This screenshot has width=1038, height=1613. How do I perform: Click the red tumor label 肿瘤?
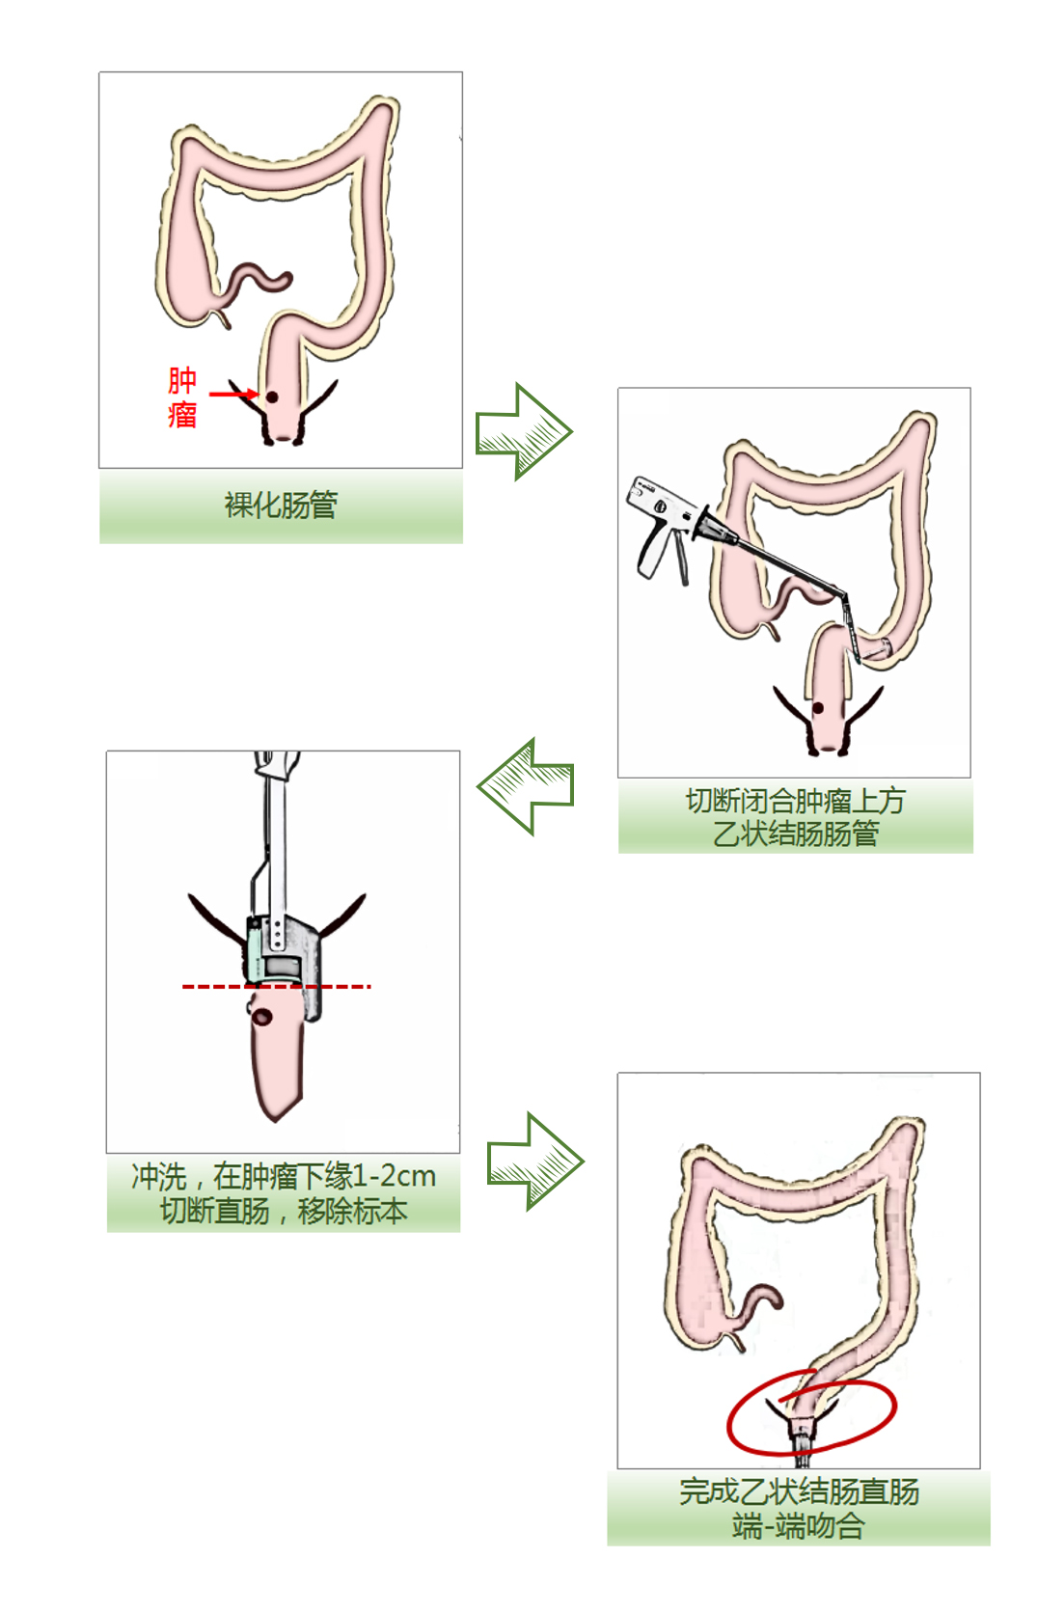[x=182, y=396]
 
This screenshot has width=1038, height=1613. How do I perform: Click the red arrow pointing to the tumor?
[x=232, y=394]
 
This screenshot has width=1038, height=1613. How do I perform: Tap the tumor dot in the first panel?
[x=272, y=396]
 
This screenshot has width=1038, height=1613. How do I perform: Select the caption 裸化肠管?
[x=281, y=505]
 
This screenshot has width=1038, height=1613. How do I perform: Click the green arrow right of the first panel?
[x=524, y=431]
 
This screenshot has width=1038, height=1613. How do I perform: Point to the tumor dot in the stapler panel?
[x=818, y=708]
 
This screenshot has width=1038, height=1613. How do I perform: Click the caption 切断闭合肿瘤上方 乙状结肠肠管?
[x=795, y=816]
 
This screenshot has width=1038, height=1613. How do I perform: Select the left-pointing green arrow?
[x=526, y=786]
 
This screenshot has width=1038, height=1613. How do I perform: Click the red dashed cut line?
[x=276, y=987]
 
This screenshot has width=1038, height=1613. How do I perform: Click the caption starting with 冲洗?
[x=283, y=1193]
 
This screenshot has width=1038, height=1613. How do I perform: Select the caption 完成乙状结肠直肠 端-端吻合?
[x=798, y=1508]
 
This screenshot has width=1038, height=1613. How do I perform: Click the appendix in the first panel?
[x=224, y=316]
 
